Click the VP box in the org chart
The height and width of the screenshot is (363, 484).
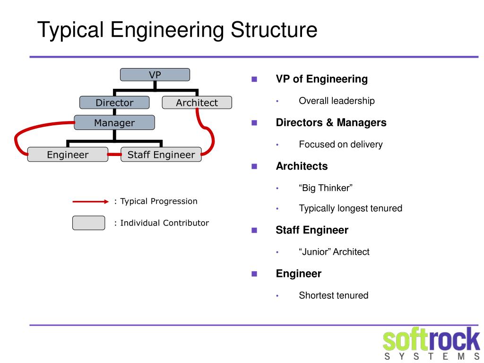click(155, 75)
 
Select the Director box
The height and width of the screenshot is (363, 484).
click(114, 103)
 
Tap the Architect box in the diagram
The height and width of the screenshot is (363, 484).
click(197, 103)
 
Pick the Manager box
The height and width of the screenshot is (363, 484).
click(114, 123)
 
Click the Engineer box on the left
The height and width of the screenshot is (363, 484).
click(68, 155)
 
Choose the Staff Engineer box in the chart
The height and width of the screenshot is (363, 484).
click(161, 155)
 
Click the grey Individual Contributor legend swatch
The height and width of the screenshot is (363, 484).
click(88, 223)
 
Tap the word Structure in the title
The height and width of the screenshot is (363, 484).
click(274, 30)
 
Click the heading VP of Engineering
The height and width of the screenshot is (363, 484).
click(321, 79)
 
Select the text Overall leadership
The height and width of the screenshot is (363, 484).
click(337, 101)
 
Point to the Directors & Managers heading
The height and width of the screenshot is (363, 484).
click(331, 122)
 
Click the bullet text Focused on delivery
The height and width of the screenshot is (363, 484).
click(340, 144)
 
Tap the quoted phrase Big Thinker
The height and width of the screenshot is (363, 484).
click(326, 188)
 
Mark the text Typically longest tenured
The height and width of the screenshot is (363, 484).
click(350, 208)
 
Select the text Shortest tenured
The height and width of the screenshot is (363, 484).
click(333, 295)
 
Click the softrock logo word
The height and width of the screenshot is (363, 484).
click(431, 340)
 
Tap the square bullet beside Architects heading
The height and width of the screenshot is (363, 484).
click(254, 166)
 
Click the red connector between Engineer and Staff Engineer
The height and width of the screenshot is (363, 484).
click(114, 155)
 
